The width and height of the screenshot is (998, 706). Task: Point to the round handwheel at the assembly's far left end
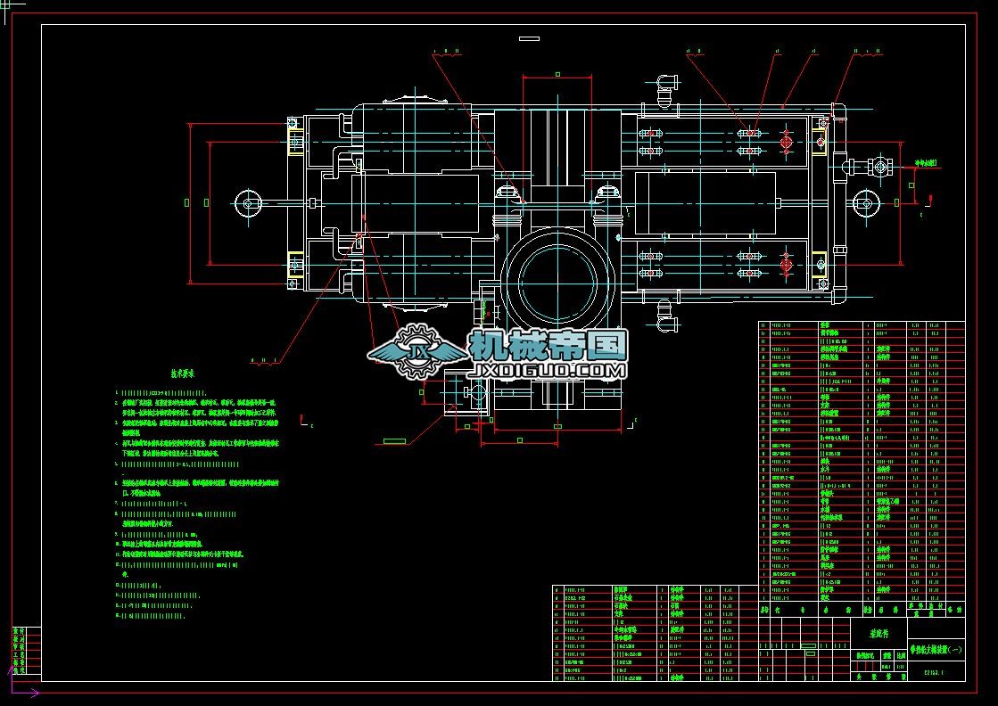[248, 203]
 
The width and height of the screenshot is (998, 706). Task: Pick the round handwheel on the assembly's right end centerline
[862, 202]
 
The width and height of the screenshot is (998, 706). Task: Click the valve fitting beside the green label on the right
[881, 166]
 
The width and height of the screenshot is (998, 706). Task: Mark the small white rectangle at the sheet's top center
[530, 38]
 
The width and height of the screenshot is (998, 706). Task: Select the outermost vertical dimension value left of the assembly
[186, 202]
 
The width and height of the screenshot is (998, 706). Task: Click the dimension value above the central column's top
[557, 75]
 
